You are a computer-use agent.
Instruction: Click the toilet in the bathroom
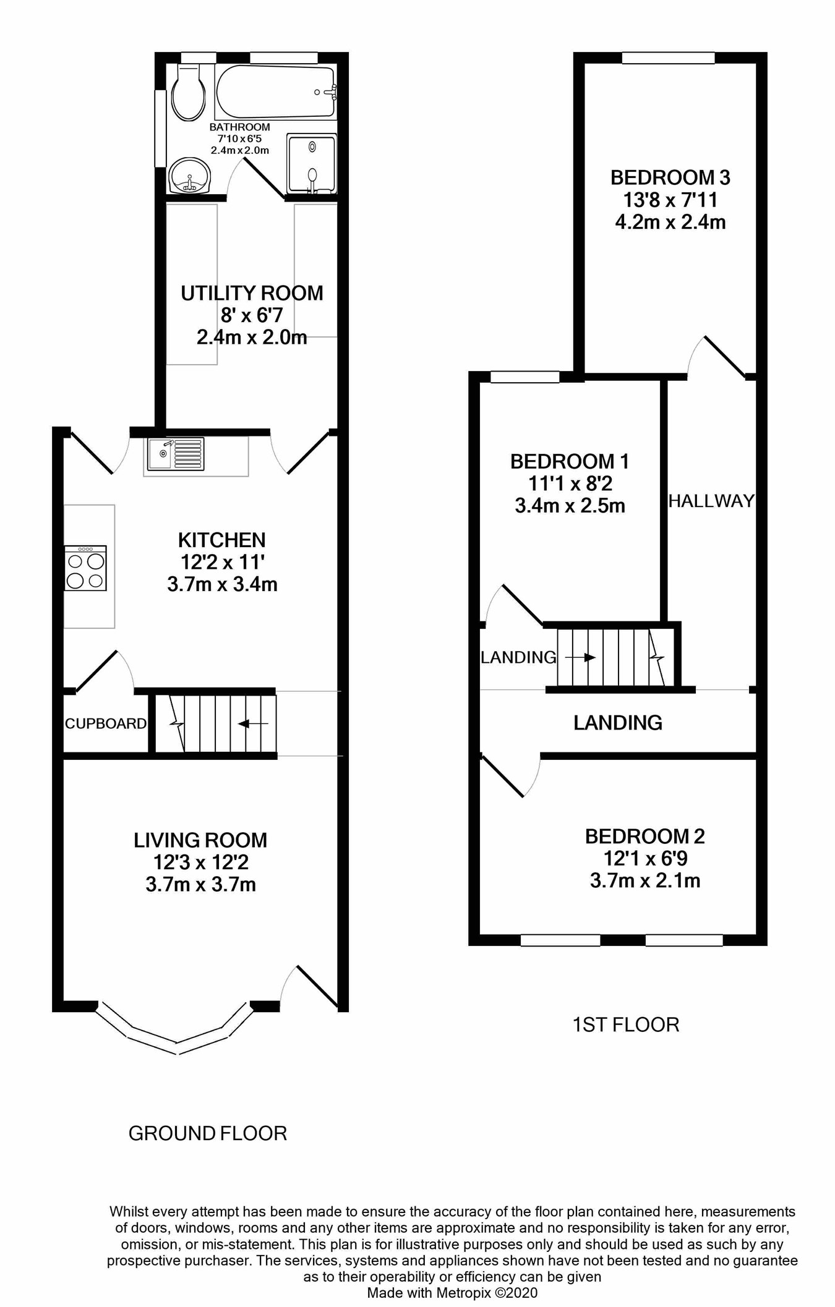click(188, 94)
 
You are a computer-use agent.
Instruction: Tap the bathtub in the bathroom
click(275, 93)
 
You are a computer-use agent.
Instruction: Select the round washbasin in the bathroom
click(189, 176)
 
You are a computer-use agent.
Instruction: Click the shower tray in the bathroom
click(312, 164)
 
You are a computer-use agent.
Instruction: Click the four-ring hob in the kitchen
click(85, 568)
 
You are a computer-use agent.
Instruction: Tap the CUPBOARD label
click(106, 724)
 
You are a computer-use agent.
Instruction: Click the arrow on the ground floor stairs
click(254, 724)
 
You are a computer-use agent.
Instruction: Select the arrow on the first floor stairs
click(580, 657)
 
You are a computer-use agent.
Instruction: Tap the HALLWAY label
click(711, 501)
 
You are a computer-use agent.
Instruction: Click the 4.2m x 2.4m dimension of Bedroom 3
click(670, 223)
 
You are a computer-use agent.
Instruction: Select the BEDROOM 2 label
click(644, 837)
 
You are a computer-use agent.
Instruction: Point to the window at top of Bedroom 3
click(668, 58)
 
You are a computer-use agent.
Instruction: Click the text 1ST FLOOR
click(625, 1025)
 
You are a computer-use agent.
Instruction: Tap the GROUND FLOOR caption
click(207, 1133)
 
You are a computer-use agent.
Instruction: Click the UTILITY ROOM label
click(252, 293)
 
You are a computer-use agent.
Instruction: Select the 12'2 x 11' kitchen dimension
click(222, 562)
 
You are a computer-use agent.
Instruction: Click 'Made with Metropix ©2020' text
click(452, 1293)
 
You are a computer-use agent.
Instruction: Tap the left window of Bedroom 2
click(560, 940)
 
